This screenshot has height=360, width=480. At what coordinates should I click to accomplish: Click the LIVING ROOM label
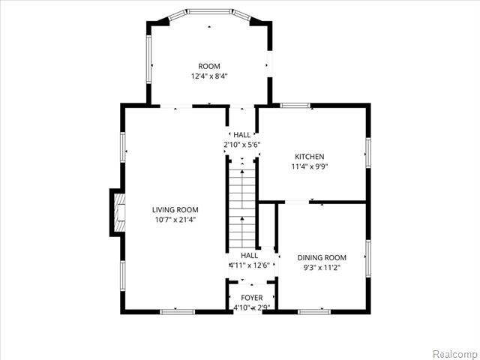coord(175,210)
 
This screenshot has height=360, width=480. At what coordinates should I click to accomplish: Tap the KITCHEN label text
coord(308,157)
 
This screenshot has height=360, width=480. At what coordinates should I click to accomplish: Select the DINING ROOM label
coord(322,257)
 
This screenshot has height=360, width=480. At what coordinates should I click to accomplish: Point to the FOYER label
coord(251,298)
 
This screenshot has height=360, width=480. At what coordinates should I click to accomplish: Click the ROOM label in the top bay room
coord(209,67)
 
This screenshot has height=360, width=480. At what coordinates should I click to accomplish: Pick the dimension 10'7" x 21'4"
coord(175,220)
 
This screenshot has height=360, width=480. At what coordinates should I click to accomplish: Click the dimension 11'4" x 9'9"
coord(308,166)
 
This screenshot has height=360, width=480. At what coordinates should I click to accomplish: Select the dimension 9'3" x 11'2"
coord(322,267)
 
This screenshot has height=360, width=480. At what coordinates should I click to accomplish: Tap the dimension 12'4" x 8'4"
coord(209,76)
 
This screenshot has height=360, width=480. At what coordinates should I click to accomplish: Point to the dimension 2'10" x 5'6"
coord(241,144)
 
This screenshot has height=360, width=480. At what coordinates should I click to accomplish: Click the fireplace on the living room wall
coord(116,212)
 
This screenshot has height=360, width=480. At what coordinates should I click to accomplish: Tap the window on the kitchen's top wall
coord(295,106)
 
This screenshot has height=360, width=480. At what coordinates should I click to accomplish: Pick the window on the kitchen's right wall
coord(367,151)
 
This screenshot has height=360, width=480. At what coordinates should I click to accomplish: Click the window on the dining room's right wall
coord(367,259)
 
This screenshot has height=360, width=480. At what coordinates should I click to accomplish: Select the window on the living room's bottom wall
coord(178,311)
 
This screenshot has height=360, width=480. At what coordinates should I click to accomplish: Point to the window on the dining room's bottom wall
coord(314,311)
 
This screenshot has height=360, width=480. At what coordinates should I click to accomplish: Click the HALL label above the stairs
coord(241,134)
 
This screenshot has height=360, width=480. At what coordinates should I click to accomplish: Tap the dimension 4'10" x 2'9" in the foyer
coord(251,307)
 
